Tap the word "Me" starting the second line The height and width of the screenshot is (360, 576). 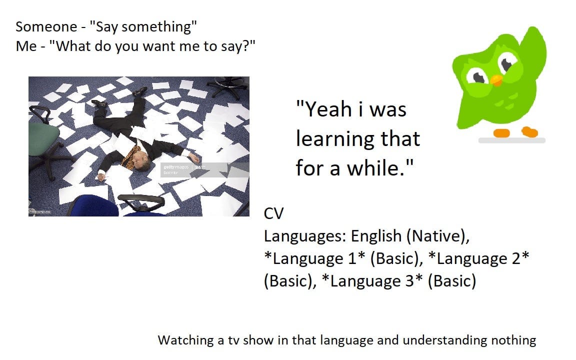[x=26, y=46]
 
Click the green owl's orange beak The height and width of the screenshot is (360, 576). [x=496, y=80]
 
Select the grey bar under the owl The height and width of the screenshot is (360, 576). [x=511, y=140]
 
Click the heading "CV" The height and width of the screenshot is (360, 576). [x=273, y=213]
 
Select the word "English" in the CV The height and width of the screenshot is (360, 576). [x=376, y=235]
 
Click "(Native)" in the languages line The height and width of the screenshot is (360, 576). [x=440, y=235]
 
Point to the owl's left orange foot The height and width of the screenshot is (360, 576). [x=501, y=133]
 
